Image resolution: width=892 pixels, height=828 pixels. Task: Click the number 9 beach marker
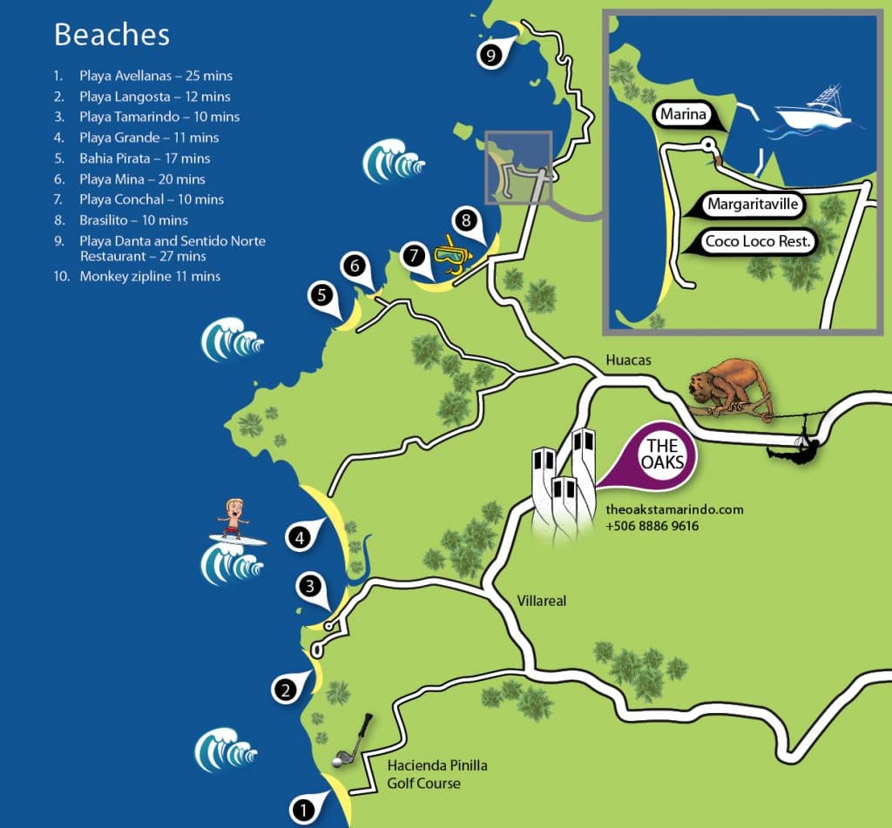click(491, 56)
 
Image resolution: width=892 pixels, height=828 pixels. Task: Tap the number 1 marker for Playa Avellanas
click(303, 810)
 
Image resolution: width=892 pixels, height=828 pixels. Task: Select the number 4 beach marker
click(300, 539)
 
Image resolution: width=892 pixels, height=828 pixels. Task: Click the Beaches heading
click(111, 35)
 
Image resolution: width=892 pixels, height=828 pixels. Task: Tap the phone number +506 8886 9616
click(652, 527)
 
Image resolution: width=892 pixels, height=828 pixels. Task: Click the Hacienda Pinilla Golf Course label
click(436, 774)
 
